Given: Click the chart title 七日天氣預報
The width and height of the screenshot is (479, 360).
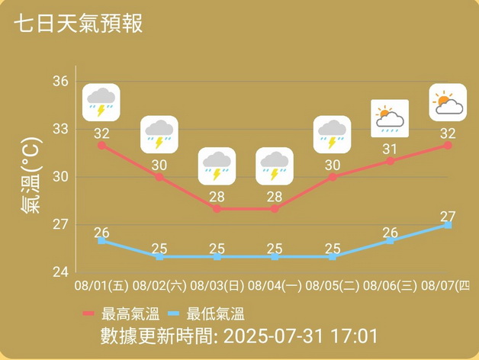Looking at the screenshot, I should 79,24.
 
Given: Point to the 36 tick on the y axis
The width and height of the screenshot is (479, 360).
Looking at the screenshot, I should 61,82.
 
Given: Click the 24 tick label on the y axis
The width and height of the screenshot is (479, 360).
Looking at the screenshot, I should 61,272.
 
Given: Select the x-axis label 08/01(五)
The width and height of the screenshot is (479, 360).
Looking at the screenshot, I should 101,287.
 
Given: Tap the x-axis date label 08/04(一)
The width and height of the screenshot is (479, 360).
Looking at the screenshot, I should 274,287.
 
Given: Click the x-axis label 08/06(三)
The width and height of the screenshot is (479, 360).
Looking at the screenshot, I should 390,287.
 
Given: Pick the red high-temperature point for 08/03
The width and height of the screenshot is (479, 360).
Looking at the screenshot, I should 217,208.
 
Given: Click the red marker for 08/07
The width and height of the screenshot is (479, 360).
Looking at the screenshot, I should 448,145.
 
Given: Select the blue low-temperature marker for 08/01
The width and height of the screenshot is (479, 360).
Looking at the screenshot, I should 101,240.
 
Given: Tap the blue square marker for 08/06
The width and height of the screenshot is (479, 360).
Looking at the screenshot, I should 390,240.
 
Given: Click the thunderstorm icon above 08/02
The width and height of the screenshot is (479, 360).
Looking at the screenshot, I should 159,134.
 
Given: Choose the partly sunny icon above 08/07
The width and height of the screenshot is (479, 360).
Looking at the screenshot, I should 448,102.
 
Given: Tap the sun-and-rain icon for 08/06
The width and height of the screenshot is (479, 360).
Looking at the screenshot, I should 390,118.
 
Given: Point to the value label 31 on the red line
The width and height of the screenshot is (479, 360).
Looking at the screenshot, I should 390,149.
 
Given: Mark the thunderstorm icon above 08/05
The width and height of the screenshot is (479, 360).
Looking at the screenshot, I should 332,134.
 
